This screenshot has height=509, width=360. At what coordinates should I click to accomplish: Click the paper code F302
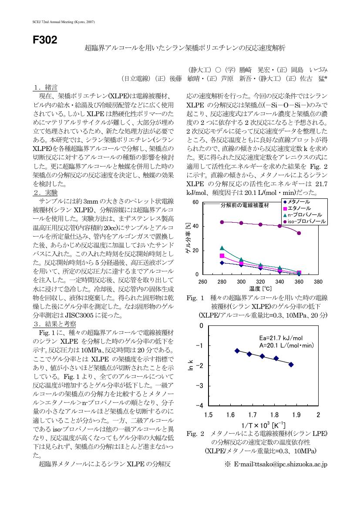click(45, 40)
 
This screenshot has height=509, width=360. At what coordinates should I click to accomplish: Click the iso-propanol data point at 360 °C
click(299, 233)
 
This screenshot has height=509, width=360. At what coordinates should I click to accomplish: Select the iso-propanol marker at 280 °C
click(222, 222)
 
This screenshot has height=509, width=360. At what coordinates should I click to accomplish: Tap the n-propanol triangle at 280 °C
click(222, 248)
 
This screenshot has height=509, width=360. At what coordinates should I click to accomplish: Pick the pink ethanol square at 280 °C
click(222, 256)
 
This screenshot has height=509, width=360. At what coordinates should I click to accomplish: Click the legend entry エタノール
click(299, 208)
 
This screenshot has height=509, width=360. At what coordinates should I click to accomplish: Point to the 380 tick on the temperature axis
click(318, 282)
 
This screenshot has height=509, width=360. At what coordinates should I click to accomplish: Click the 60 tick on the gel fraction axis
click(195, 202)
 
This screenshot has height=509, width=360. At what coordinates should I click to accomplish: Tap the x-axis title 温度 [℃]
click(260, 288)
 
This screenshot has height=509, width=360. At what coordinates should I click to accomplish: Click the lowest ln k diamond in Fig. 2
click(291, 365)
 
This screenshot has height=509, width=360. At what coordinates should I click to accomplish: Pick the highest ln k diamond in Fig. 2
click(237, 351)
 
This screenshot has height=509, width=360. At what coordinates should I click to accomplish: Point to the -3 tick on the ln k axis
click(199, 385)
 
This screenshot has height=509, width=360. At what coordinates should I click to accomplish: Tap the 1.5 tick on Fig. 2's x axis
click(208, 415)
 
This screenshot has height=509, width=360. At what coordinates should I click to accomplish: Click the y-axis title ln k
click(191, 365)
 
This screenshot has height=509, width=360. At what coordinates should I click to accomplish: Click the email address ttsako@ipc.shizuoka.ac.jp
click(280, 464)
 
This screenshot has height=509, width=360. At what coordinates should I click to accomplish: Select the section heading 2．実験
click(45, 193)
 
